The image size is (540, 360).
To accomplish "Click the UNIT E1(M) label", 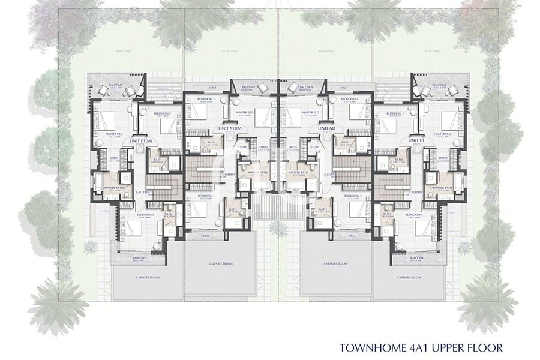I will (139, 140).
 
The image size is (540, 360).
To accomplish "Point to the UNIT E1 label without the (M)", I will (417, 140).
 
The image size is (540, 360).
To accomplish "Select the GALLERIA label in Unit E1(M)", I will (142, 192).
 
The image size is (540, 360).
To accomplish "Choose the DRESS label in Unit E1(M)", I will (113, 158).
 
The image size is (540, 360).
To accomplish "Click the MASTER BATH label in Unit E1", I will (443, 188).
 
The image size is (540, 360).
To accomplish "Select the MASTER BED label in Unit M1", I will (310, 112).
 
